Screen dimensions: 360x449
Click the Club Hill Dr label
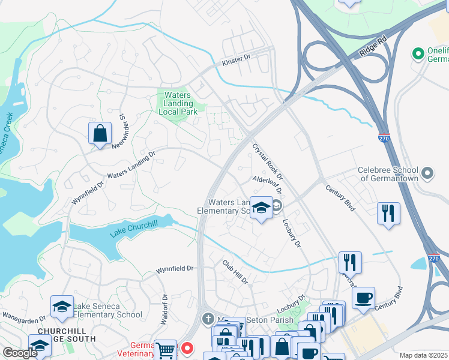[235, 272]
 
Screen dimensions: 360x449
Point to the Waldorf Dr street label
[163, 309]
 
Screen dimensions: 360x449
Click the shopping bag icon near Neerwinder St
[100, 134]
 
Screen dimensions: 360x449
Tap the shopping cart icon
[166, 350]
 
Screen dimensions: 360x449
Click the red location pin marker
[187, 348]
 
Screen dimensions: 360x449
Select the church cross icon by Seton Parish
[208, 318]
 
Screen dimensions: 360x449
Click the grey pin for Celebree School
[427, 174]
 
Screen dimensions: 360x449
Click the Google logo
[20, 353]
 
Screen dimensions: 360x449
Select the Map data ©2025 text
[424, 355]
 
